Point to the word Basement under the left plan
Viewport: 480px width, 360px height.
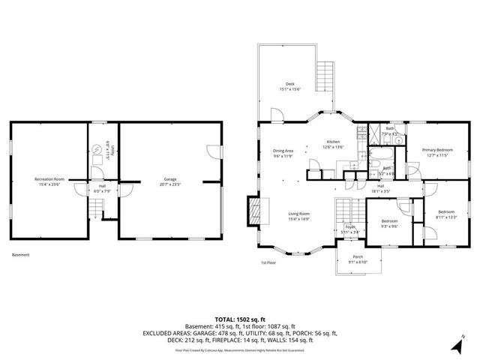(21, 255)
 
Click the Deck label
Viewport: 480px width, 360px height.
(289, 84)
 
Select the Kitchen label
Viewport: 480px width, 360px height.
(333, 142)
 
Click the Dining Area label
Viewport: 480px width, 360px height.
(283, 151)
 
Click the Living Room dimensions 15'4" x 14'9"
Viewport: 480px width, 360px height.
(299, 218)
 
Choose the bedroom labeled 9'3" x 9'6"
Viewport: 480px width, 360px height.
(388, 223)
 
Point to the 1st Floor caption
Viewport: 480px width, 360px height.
(269, 262)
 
